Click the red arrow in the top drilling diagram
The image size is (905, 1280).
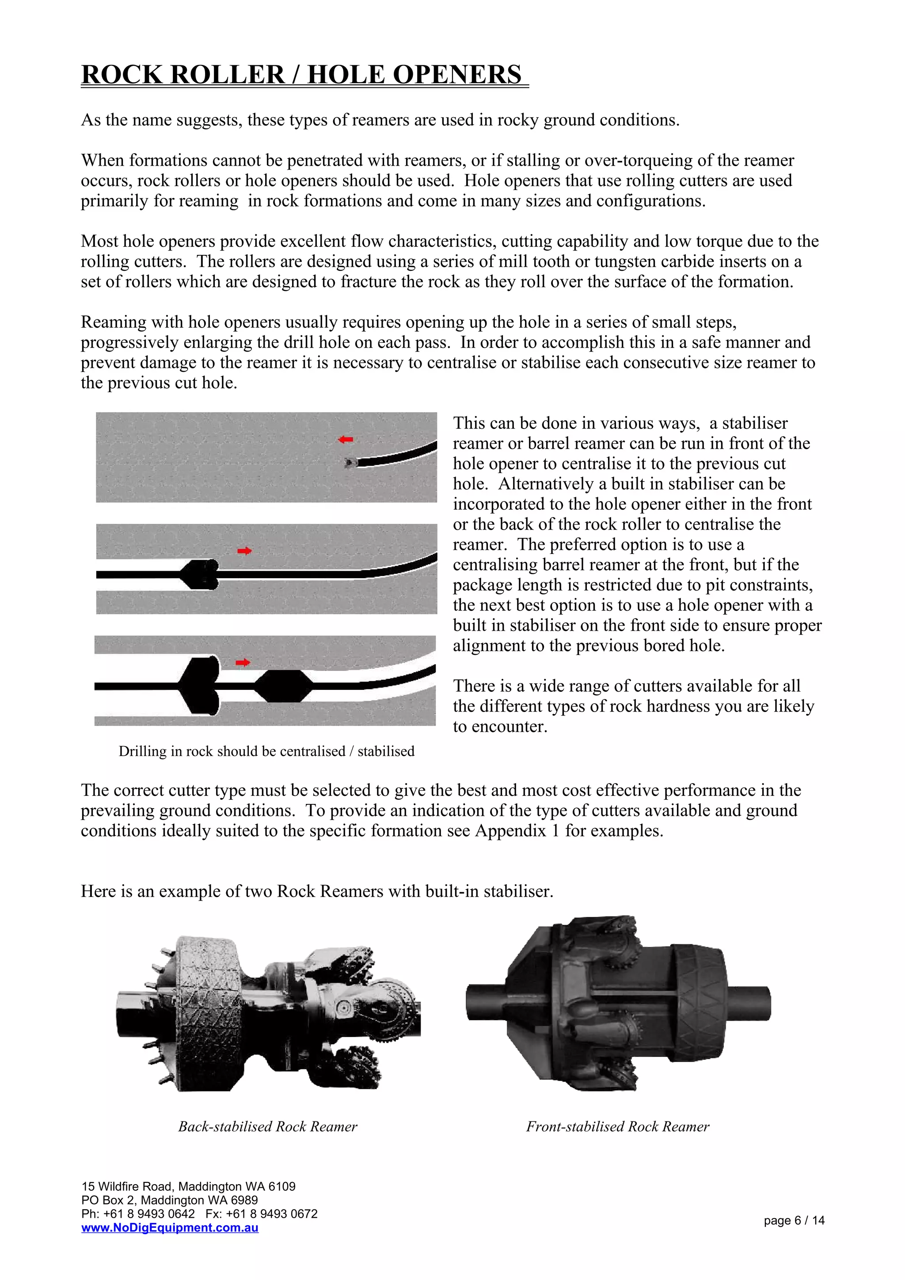pos(346,440)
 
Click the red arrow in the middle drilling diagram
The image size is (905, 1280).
pos(244,551)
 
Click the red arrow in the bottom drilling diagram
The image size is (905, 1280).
pos(243,662)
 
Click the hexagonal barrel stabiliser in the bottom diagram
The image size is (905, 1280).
pos(283,686)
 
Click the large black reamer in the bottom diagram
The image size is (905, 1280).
pos(201,685)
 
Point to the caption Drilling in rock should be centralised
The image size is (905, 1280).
pos(266,751)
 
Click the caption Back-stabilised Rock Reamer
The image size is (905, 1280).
pos(268,1127)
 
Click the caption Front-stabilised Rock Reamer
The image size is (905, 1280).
pos(617,1127)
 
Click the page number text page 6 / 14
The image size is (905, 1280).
pos(794,1220)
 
